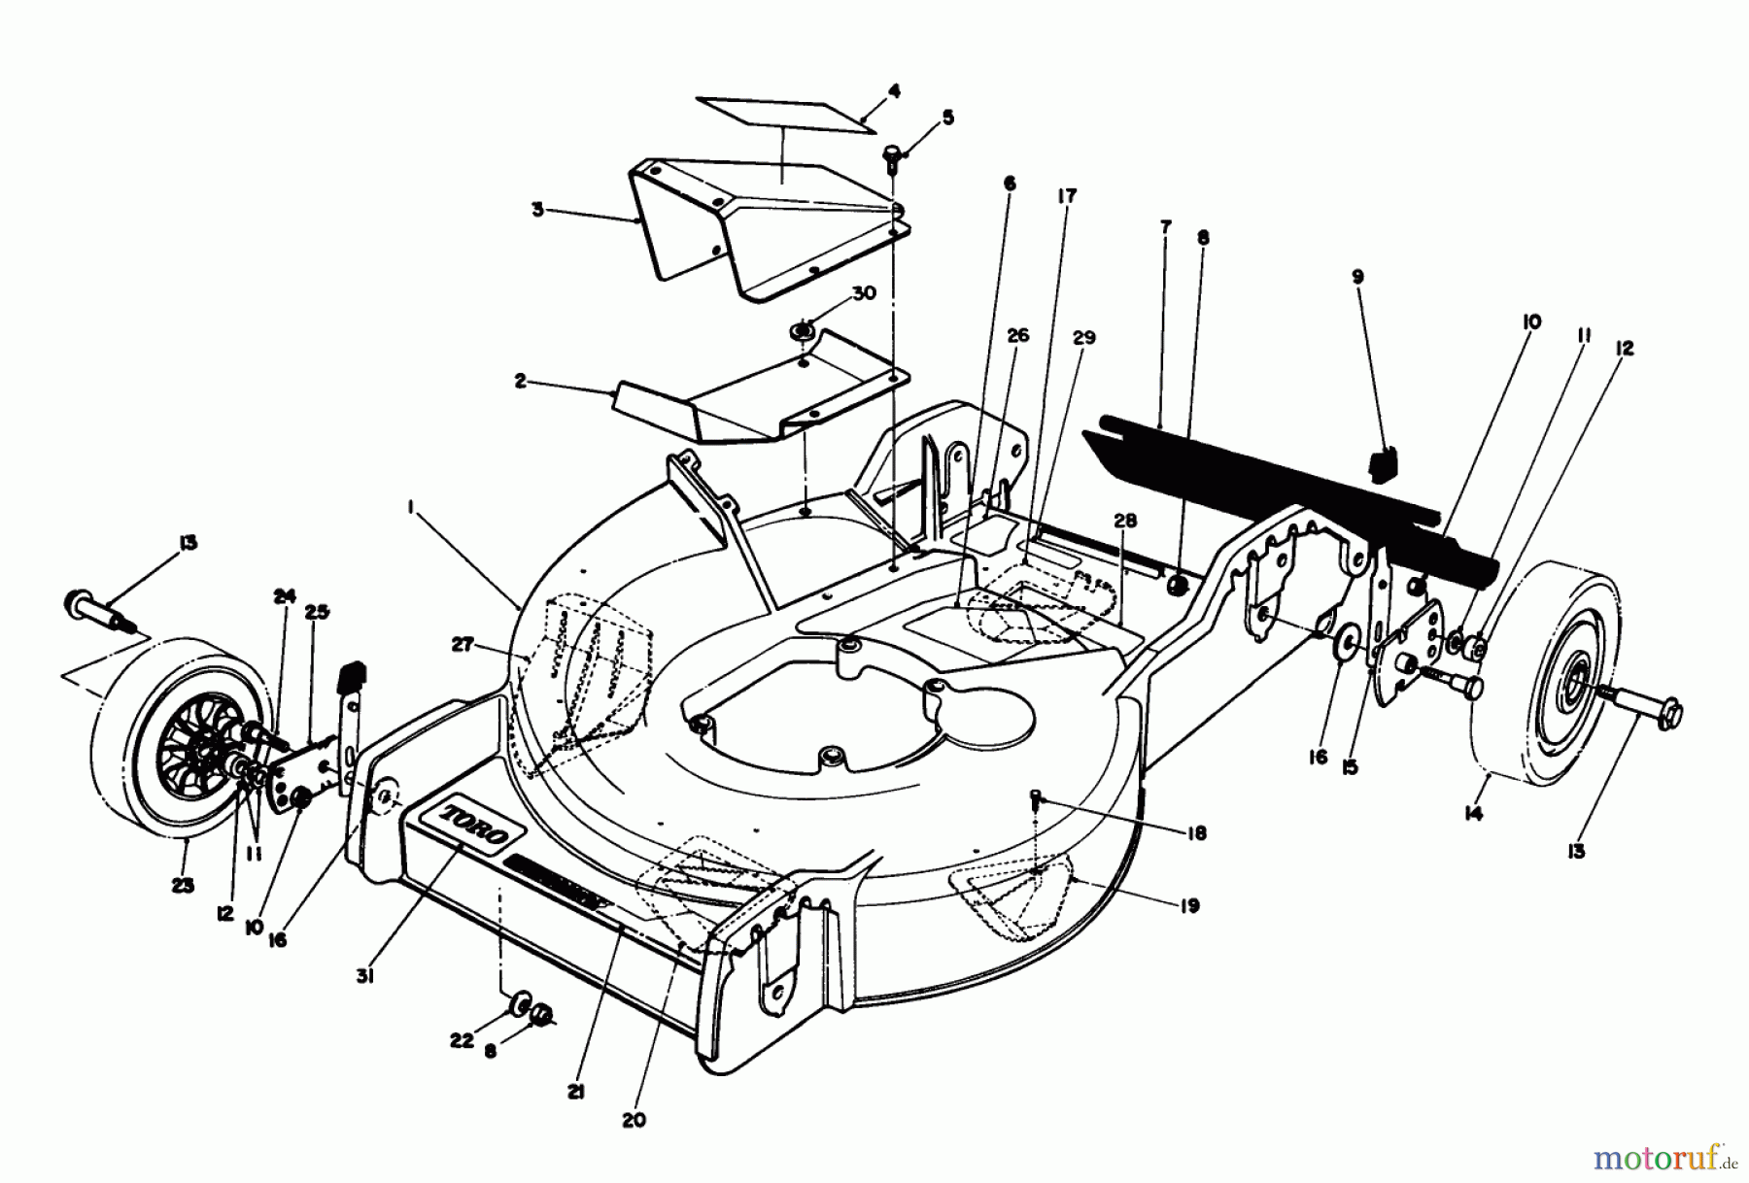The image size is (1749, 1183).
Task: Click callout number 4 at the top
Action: pyautogui.click(x=894, y=91)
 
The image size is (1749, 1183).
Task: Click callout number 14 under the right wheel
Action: pyautogui.click(x=1473, y=814)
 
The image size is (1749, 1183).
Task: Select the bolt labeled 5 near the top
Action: pyautogui.click(x=891, y=154)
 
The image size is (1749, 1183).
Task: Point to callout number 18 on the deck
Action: pyautogui.click(x=1196, y=832)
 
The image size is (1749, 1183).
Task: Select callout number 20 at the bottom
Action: pyautogui.click(x=634, y=1119)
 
